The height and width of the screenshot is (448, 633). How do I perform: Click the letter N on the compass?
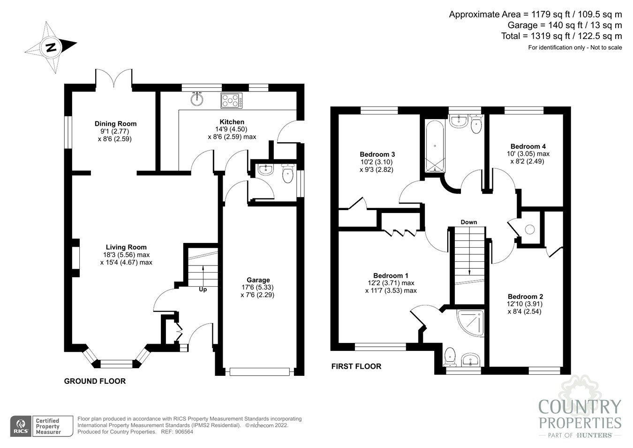tap(51, 47)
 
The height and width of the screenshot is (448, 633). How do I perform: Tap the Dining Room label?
tap(115, 124)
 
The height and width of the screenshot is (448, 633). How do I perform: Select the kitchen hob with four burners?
tap(232, 100)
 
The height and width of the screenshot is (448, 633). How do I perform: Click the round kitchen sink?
tap(196, 99)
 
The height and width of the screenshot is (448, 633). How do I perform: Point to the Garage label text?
tap(258, 280)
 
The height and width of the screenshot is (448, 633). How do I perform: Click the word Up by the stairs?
tap(203, 290)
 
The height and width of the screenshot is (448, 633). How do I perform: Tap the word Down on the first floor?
tap(469, 222)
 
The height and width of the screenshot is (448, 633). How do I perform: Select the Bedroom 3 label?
tap(377, 154)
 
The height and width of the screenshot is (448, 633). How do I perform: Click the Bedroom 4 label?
tap(528, 146)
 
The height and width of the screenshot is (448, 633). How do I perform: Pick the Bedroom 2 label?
tap(525, 296)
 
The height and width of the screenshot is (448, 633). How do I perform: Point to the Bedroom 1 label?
tap(391, 275)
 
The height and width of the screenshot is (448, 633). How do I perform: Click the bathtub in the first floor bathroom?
tap(435, 147)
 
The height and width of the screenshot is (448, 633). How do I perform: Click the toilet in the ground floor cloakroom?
tap(288, 173)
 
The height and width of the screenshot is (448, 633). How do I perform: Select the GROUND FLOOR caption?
tap(95, 381)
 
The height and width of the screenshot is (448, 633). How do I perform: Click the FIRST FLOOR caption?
tap(356, 366)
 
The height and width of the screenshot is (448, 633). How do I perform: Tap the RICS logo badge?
tap(21, 426)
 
